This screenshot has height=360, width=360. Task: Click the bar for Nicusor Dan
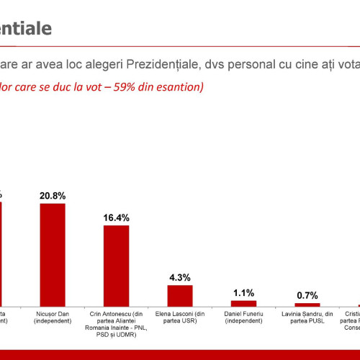point(53,255)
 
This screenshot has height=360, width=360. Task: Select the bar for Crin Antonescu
point(117,266)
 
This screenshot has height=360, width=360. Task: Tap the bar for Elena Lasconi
point(180,296)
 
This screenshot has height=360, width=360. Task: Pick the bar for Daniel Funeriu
point(244,303)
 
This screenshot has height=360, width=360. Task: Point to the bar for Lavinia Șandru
point(307,305)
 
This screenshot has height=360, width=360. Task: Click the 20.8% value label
point(53,195)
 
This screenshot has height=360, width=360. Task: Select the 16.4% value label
point(117,217)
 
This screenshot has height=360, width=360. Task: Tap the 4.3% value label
point(180,277)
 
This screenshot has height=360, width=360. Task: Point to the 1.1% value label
point(244,293)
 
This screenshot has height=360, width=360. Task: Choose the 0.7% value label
point(307,295)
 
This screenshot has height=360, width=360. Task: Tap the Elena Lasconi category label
point(180,318)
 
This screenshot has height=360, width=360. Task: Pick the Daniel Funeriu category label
point(244,318)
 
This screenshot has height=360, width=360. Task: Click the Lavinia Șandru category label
point(307,318)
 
